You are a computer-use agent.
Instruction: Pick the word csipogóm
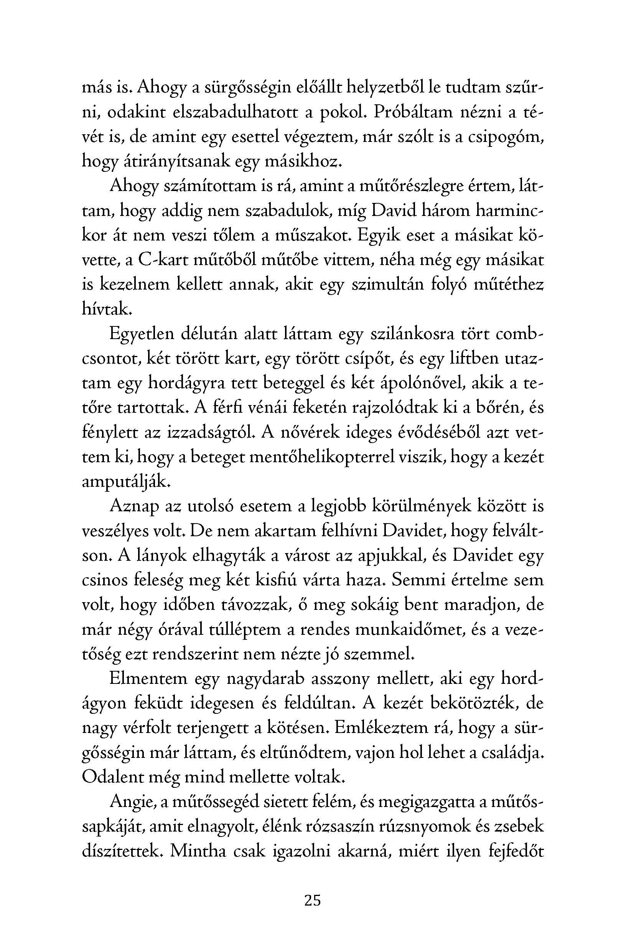click(505, 137)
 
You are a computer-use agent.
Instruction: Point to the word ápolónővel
click(421, 384)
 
